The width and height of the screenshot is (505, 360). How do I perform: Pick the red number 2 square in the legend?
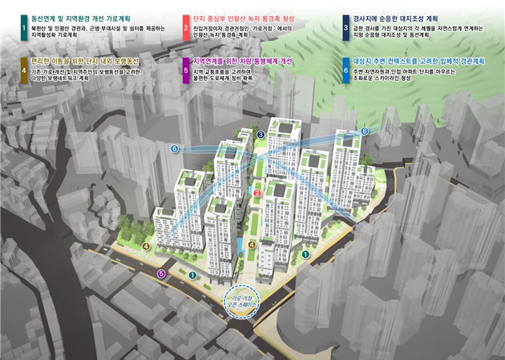[184, 26]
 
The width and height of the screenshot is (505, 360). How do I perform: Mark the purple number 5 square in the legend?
[184, 70]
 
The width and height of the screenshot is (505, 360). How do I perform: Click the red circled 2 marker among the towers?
[257, 193]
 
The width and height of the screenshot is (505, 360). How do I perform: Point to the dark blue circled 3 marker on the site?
[261, 134]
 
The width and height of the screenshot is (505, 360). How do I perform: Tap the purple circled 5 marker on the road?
[162, 274]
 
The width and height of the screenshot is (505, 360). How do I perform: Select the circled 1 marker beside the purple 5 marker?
[192, 275]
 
